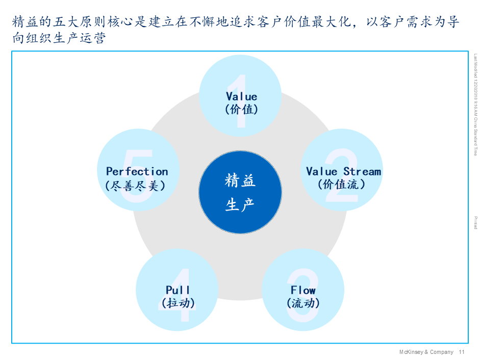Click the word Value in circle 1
(241, 96)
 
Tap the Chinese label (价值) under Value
(241, 109)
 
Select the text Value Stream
(343, 171)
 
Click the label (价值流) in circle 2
(342, 184)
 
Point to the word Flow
(303, 290)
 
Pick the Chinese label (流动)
(303, 303)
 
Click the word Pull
(178, 290)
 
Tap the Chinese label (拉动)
(178, 303)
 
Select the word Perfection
(137, 171)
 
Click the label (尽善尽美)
(135, 185)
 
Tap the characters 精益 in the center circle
(240, 181)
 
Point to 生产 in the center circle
(240, 205)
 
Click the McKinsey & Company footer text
(426, 352)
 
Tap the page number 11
(462, 352)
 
